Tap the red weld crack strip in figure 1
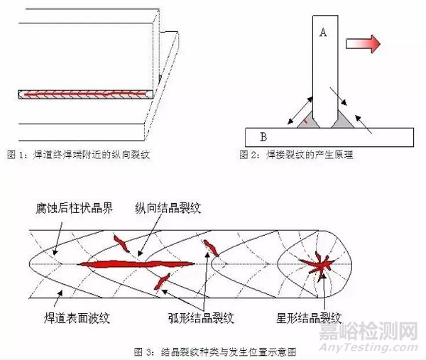pyautogui.click(x=84, y=93)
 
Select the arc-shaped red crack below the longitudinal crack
pyautogui.click(x=162, y=280)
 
